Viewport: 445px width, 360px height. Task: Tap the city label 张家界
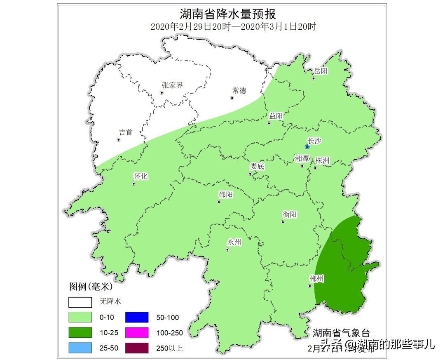point(172,85)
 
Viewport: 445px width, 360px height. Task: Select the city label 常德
point(239,91)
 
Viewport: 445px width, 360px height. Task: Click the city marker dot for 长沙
point(307,147)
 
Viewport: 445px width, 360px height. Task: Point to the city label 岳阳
point(321,71)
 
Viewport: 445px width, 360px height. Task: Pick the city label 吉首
point(126,132)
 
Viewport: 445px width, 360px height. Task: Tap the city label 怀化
point(140,176)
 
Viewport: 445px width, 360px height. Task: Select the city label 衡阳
point(290,215)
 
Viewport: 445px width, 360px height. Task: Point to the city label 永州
point(234,242)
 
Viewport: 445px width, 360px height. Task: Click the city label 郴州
point(316,279)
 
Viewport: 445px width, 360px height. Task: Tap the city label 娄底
point(257,167)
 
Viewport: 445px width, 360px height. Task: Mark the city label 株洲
point(322,161)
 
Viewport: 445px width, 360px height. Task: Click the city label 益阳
point(276,116)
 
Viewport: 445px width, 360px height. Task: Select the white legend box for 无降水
point(80,302)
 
